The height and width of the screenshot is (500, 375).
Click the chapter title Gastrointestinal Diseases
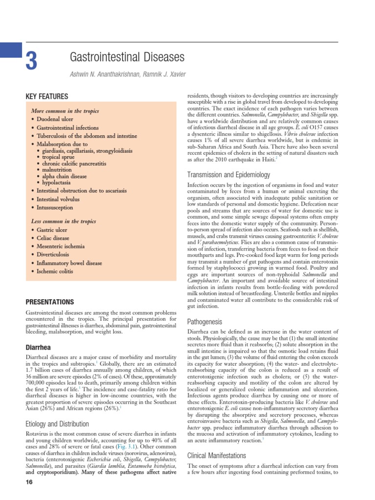click(x=128, y=58)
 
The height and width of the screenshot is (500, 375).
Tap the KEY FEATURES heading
click(x=47, y=97)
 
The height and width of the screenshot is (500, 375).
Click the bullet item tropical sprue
click(x=61, y=157)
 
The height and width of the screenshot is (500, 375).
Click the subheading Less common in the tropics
click(x=63, y=221)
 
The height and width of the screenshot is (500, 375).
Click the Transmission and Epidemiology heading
click(x=229, y=175)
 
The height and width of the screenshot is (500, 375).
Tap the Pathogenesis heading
click(x=205, y=322)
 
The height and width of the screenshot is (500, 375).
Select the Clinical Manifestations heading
click(x=217, y=456)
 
